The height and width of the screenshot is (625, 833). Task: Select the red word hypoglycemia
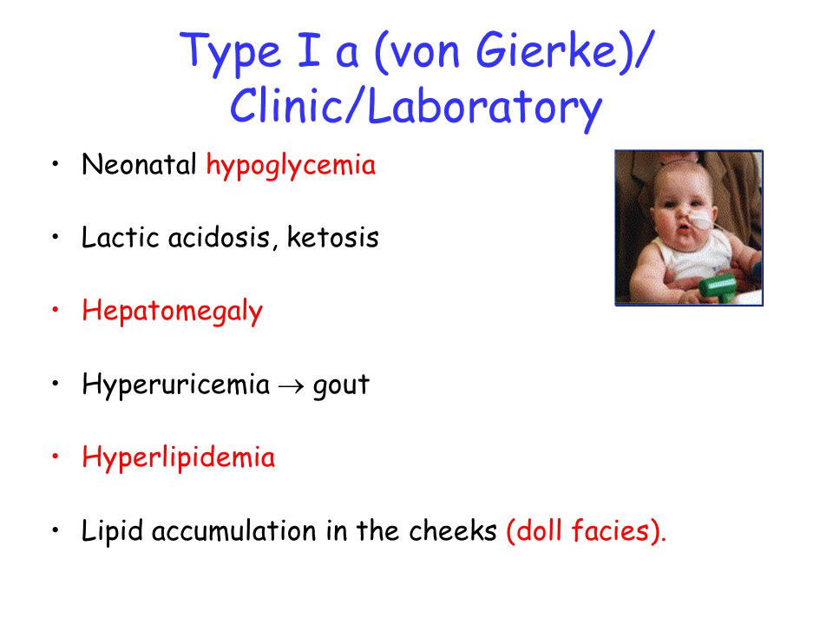tap(291, 166)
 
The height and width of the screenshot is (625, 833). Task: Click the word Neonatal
tap(139, 164)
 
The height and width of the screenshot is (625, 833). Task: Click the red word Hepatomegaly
tap(172, 312)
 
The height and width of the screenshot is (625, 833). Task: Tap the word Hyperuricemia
tap(176, 385)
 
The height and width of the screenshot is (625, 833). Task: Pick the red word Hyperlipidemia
tap(179, 458)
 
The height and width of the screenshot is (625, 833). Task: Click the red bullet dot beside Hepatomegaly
tap(56, 310)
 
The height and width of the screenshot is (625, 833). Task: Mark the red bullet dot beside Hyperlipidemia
tap(56, 457)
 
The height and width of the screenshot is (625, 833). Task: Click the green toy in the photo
tap(718, 287)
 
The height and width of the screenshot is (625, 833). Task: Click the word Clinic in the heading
tap(287, 105)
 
